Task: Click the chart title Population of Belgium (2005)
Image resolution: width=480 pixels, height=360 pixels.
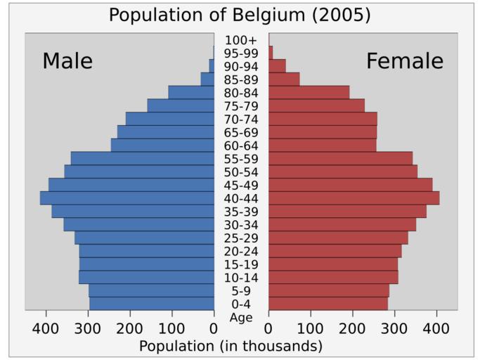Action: click(240, 15)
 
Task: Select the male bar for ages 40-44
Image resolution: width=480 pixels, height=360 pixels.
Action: click(127, 198)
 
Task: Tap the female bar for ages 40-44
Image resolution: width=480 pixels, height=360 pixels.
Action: click(353, 198)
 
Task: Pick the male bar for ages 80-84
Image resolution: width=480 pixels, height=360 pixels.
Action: click(190, 92)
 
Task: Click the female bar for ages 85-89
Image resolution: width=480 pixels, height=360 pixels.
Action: click(284, 79)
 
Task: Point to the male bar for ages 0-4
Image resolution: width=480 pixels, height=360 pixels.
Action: click(151, 304)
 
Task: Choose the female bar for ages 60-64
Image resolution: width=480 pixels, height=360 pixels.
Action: click(322, 146)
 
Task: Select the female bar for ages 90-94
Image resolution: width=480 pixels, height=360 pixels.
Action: click(277, 66)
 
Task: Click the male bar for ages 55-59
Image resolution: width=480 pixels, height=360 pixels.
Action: click(142, 158)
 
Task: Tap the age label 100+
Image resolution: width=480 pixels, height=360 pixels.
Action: click(241, 40)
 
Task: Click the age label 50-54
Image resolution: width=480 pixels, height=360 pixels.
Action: click(241, 172)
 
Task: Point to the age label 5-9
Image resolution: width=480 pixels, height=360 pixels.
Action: click(241, 291)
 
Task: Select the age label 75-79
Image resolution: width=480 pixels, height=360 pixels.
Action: click(241, 106)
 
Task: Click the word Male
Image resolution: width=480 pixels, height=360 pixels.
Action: click(67, 61)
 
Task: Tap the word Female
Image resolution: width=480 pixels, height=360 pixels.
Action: click(405, 61)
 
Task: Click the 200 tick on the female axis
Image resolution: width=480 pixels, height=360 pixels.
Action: click(352, 328)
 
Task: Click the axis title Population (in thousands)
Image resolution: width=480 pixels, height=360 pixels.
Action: click(231, 346)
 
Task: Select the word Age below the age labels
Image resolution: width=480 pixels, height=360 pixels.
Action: click(241, 318)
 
